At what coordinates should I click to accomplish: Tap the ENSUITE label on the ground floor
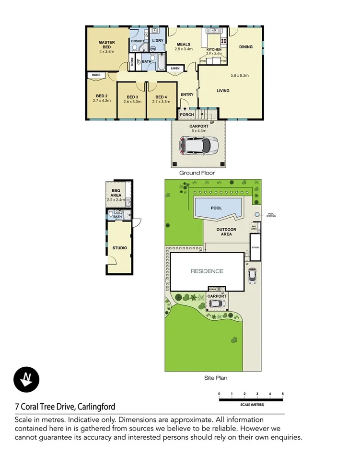138,41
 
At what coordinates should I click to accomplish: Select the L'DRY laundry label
157,41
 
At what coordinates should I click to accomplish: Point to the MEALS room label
184,44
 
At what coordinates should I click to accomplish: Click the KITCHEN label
214,49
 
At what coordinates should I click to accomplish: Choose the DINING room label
246,47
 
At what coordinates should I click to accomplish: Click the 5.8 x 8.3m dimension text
239,75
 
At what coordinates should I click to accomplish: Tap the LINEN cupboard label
175,68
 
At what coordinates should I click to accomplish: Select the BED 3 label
132,96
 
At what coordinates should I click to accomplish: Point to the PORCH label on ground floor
187,115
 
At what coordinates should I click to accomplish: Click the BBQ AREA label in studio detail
115,193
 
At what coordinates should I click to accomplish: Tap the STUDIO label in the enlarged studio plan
119,248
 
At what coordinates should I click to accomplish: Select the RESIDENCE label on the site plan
207,271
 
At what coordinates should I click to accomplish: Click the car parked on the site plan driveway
253,276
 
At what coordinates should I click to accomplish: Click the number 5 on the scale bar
283,394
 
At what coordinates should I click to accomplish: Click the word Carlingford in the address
95,407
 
